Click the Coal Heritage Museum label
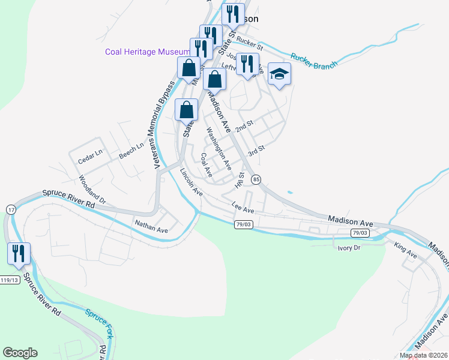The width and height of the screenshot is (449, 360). [148, 52]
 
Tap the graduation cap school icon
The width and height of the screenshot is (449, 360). [279, 74]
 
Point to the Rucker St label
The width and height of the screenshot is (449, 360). [250, 43]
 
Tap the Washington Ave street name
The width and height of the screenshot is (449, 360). [218, 148]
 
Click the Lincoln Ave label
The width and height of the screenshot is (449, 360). [191, 181]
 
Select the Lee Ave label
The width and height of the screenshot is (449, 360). [243, 208]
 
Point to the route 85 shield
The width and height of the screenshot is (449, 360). [256, 179]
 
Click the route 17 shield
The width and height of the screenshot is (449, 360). [11, 209]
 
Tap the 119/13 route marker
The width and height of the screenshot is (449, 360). [9, 280]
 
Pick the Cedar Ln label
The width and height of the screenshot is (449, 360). [91, 157]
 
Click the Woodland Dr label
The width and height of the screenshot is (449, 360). [92, 188]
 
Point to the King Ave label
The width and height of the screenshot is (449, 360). [405, 250]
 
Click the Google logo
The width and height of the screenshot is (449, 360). [20, 353]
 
